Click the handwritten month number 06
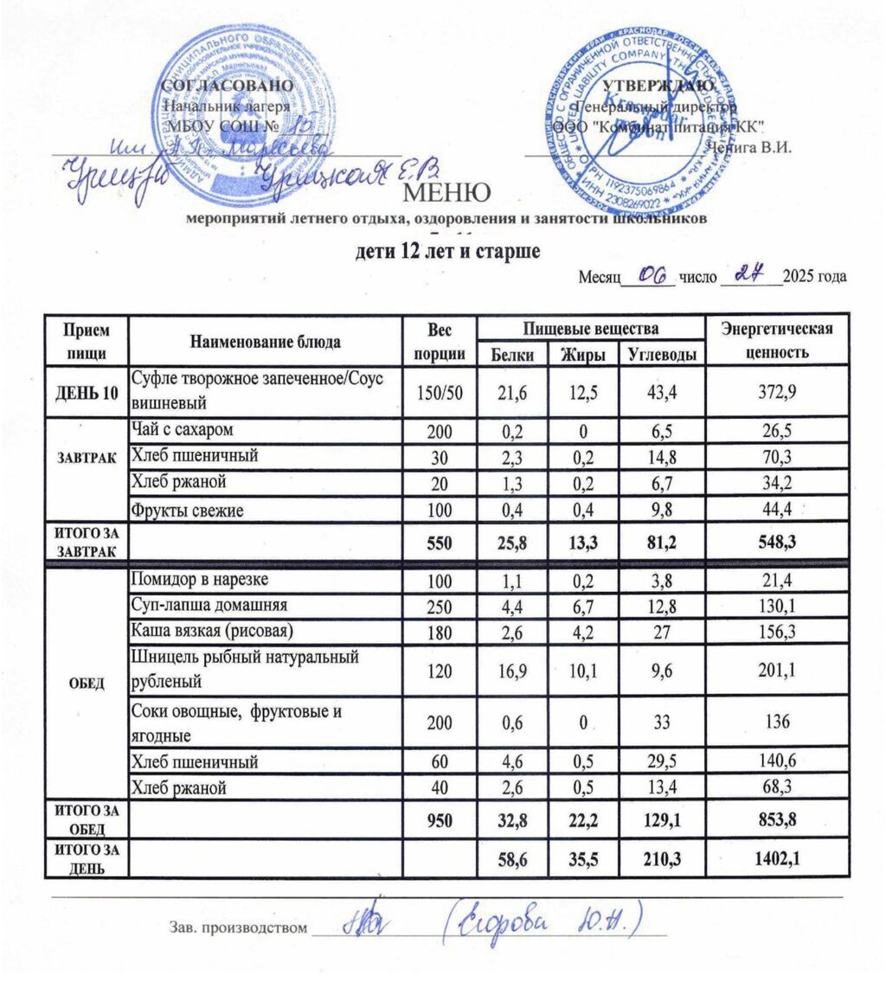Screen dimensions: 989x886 [x=655, y=274]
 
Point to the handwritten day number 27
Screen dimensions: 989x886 [x=746, y=274]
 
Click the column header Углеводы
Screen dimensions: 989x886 [x=660, y=353]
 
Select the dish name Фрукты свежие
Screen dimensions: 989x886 [x=187, y=511]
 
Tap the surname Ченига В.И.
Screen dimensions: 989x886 [x=749, y=146]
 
